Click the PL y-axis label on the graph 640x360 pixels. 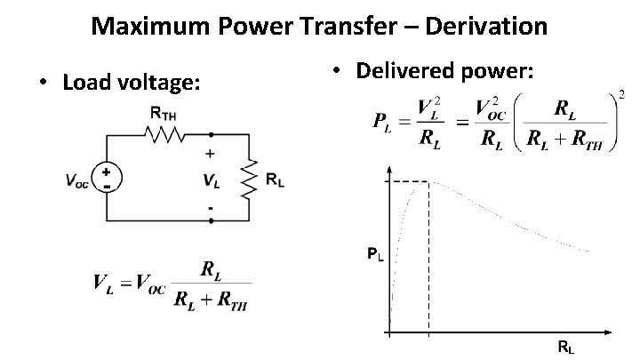[376, 256]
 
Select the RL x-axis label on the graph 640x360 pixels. [564, 348]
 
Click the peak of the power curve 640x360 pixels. [428, 181]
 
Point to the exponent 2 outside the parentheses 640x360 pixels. [622, 95]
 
